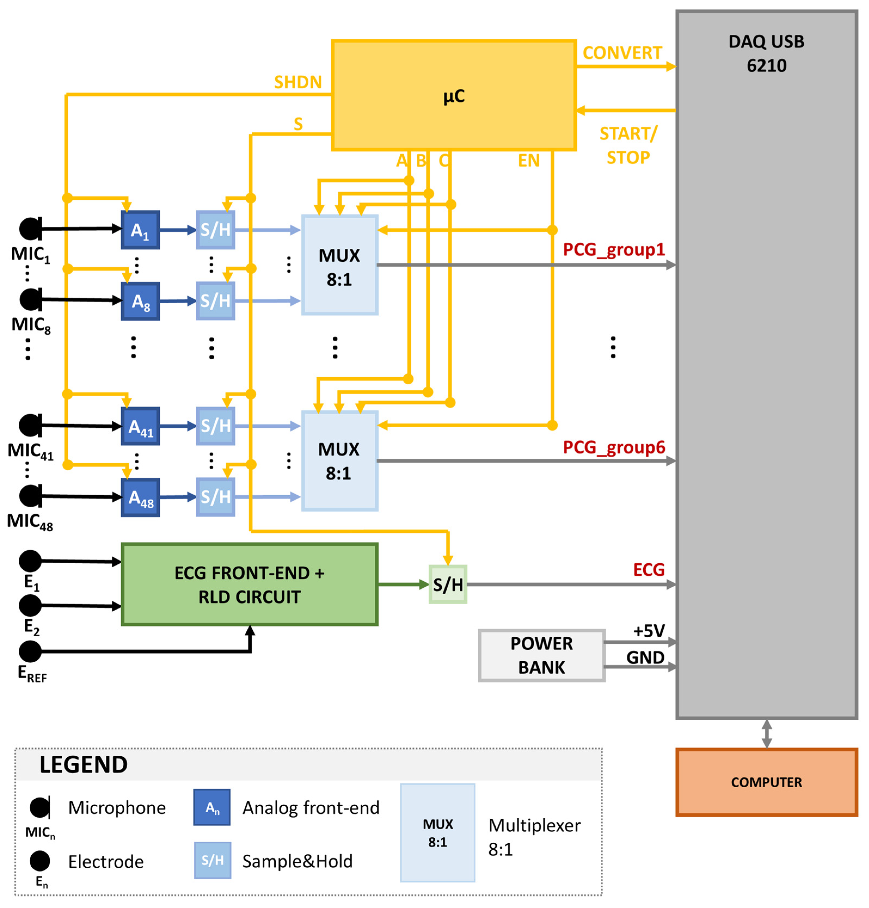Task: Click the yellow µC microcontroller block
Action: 453,95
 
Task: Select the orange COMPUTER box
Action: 766,782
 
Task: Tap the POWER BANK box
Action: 541,655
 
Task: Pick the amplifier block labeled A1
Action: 140,230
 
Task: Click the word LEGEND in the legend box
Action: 83,764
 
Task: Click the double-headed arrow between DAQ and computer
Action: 766,733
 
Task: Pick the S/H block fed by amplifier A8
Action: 215,301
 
